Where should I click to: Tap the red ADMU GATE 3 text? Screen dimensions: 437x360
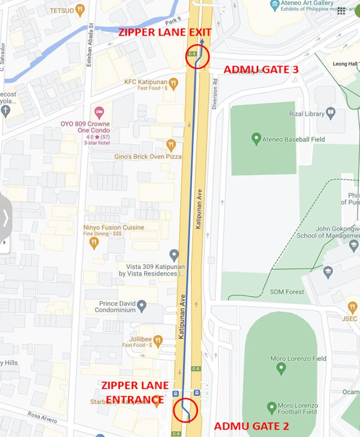260,69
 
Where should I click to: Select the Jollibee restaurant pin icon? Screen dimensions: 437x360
158,340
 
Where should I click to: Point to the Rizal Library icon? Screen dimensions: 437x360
330,114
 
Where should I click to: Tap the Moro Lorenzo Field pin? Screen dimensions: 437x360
280,369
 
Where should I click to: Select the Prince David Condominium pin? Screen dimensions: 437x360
142,306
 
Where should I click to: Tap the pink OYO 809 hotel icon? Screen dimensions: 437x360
99,112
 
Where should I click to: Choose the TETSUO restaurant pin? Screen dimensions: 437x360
80,9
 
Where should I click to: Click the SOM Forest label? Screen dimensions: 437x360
287,292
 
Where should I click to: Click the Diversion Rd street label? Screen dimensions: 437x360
214,95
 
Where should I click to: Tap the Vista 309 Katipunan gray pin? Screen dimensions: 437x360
174,254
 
